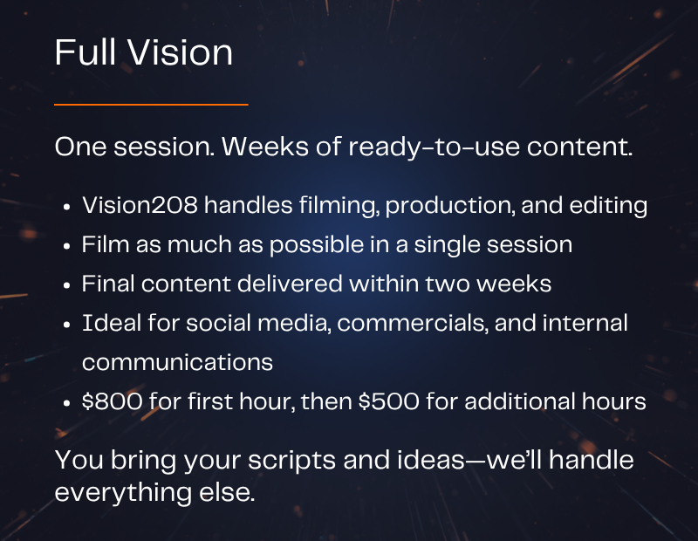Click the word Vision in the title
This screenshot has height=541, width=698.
tap(180, 52)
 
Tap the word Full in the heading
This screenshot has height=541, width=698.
tap(86, 52)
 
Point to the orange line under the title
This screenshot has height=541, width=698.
tap(151, 105)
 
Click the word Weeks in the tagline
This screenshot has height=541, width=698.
tap(265, 146)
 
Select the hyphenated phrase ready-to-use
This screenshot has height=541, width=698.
tap(434, 147)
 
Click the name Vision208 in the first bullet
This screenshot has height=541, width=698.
tap(140, 205)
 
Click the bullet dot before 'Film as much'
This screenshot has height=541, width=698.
tap(67, 246)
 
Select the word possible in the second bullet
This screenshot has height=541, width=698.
tap(317, 245)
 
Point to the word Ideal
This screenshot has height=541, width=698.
tap(112, 323)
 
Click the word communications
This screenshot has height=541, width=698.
tap(177, 362)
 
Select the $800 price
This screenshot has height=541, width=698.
tap(112, 401)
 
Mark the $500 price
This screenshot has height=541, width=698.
tap(388, 401)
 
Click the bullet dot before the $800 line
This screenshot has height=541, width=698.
tap(67, 403)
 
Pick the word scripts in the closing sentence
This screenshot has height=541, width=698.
tap(291, 461)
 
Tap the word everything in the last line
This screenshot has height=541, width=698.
tap(123, 493)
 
